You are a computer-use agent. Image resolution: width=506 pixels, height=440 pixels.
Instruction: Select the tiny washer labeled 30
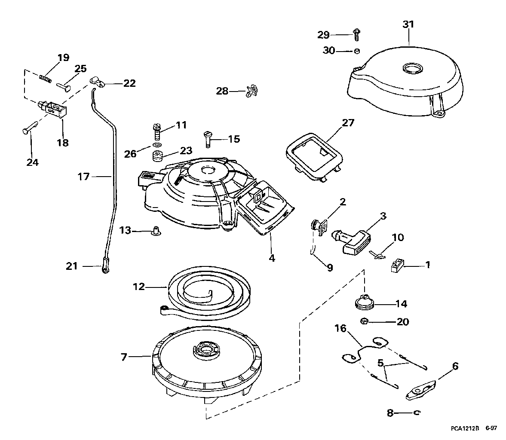(x=356, y=51)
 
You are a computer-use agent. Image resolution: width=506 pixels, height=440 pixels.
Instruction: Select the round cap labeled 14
(x=365, y=302)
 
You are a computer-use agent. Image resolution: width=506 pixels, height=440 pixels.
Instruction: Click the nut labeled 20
(x=364, y=321)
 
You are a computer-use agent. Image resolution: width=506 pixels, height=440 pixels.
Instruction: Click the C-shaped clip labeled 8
(x=416, y=413)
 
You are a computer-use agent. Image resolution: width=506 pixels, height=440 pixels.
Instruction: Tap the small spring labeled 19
(x=45, y=78)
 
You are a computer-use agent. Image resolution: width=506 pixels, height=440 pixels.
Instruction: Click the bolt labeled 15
(x=207, y=139)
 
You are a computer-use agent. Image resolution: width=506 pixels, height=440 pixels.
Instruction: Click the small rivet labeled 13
(x=153, y=232)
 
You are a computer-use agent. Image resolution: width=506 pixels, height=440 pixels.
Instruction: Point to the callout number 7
(x=124, y=357)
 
